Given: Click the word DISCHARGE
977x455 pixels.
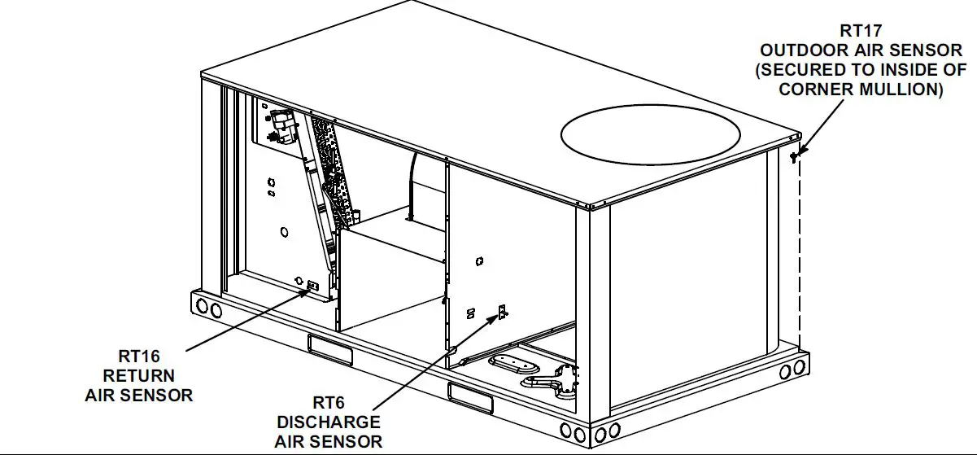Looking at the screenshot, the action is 329,422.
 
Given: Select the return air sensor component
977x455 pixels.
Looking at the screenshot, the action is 312,286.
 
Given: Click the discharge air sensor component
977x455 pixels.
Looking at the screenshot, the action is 502,312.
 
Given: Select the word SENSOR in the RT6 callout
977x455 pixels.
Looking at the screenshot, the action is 351,441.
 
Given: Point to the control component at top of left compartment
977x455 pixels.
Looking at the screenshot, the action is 281,125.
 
